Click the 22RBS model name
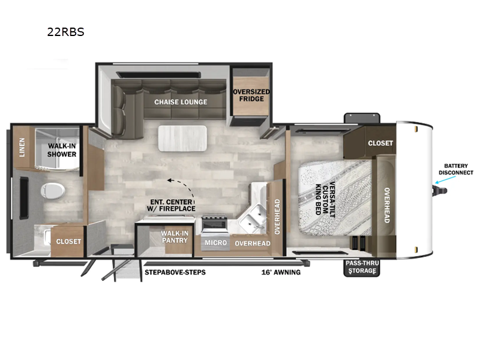(65, 32)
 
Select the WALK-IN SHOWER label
(62, 150)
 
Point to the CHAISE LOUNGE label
(181, 102)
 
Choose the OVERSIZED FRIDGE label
(251, 95)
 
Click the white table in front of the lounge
(182, 137)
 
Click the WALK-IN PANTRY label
(173, 237)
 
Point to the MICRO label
(214, 243)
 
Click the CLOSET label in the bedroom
(380, 143)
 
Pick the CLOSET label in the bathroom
(68, 242)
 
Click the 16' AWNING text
(281, 272)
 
